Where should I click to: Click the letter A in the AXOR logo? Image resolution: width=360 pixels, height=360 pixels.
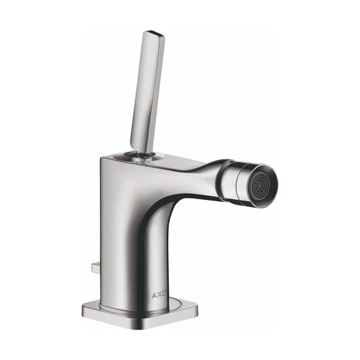(154, 295)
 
